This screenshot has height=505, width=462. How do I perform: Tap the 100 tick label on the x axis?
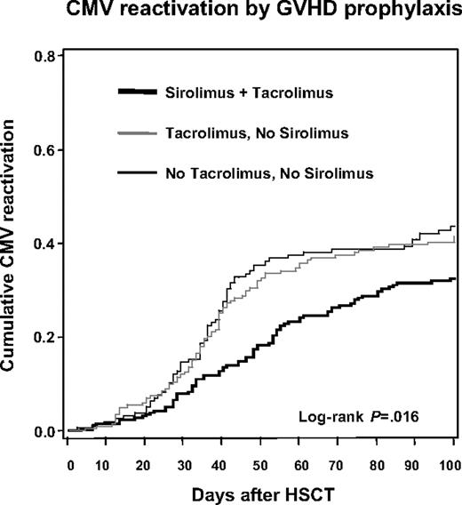(x=452, y=463)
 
